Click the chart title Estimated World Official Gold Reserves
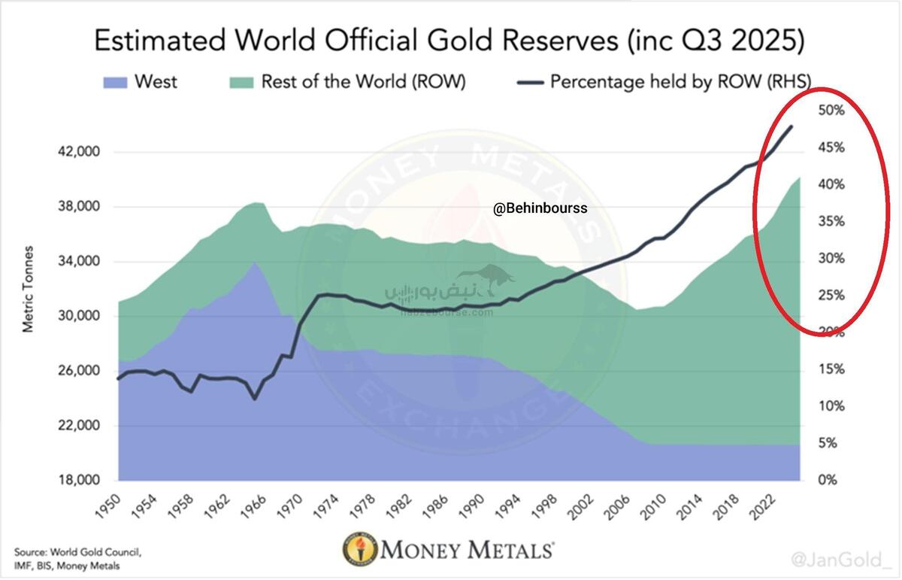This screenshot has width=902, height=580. pyautogui.click(x=449, y=41)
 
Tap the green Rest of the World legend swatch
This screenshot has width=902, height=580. pyautogui.click(x=241, y=81)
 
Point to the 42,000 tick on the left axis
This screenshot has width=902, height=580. pyautogui.click(x=79, y=152)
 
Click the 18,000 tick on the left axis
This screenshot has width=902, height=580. pyautogui.click(x=79, y=481)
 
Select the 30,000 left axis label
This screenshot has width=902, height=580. pyautogui.click(x=79, y=317)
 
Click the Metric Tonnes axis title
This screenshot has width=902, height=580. pyautogui.click(x=28, y=289)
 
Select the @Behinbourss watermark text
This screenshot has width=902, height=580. pyautogui.click(x=540, y=208)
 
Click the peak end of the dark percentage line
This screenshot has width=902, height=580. pyautogui.click(x=792, y=126)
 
